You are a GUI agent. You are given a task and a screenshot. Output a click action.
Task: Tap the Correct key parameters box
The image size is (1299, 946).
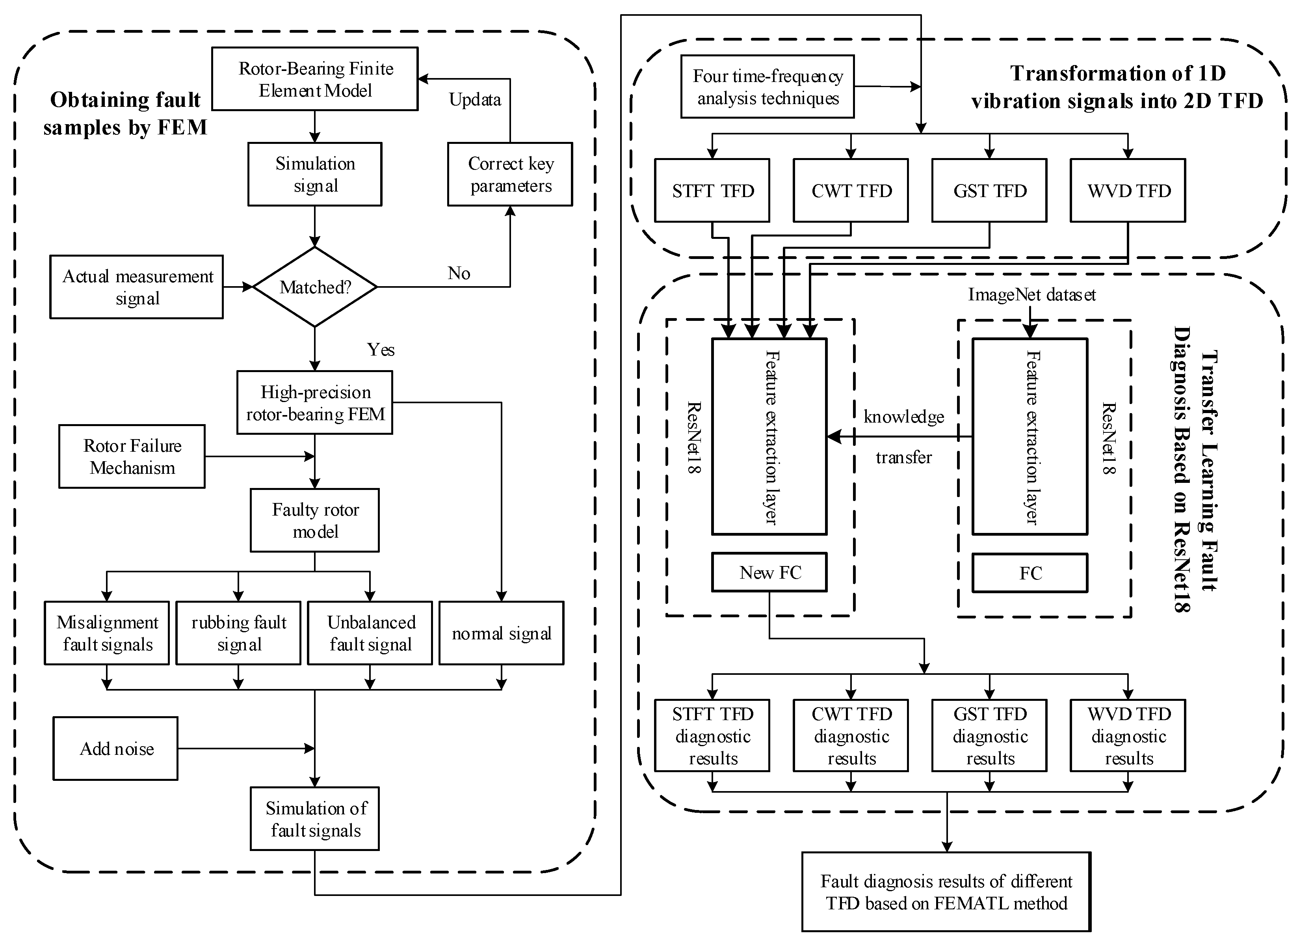pyautogui.click(x=510, y=174)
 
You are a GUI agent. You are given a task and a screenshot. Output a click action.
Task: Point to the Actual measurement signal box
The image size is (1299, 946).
pyautogui.click(x=136, y=287)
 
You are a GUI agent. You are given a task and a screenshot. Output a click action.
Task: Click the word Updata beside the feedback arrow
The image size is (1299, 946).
pyautogui.click(x=475, y=100)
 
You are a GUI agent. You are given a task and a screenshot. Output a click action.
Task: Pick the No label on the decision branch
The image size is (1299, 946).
pyautogui.click(x=459, y=273)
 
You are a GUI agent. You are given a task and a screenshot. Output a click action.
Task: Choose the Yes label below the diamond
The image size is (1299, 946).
pyautogui.click(x=381, y=350)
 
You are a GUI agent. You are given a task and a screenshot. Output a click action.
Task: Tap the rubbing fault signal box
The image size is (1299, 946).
pyautogui.click(x=238, y=633)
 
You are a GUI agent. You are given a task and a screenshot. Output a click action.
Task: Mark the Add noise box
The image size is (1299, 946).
pyautogui.click(x=116, y=748)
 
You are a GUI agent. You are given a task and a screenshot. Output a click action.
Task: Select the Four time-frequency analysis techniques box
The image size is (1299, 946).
pyautogui.click(x=768, y=87)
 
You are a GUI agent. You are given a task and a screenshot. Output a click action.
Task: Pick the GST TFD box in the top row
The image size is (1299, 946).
pyautogui.click(x=989, y=191)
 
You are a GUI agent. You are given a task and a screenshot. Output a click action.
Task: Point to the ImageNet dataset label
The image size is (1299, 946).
pyautogui.click(x=1031, y=294)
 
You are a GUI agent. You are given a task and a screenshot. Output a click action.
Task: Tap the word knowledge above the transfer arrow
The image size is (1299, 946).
pyautogui.click(x=904, y=417)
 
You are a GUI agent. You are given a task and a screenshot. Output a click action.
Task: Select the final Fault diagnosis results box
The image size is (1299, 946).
pyautogui.click(x=946, y=892)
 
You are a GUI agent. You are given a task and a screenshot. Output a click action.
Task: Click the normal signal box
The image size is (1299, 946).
pyautogui.click(x=501, y=633)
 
